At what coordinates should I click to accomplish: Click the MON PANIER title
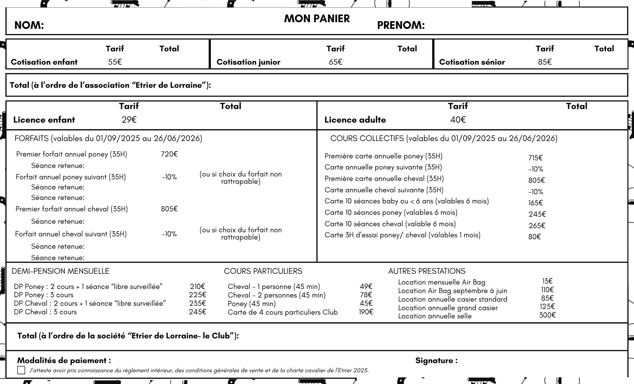[317, 19]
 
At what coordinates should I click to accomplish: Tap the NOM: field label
[29, 25]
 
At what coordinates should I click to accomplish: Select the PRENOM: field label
[401, 25]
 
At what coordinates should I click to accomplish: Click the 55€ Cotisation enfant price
[115, 62]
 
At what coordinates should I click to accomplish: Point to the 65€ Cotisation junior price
[335, 62]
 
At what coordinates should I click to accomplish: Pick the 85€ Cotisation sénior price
[545, 62]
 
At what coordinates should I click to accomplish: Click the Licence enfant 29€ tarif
[129, 120]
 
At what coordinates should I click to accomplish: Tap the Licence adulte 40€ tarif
[458, 120]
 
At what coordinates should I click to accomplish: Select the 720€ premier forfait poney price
[169, 154]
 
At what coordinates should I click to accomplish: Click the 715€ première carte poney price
[535, 158]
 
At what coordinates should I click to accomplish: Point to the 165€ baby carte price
[535, 203]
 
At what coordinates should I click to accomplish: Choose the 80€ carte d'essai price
[534, 237]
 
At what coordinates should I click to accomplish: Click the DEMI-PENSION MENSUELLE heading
[61, 271]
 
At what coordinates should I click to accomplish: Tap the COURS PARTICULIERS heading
[263, 271]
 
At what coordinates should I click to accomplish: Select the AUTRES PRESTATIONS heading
[427, 271]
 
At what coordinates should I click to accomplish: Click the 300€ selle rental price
[547, 315]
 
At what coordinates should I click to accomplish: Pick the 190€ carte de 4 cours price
[366, 312]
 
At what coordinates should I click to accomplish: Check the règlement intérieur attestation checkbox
[21, 370]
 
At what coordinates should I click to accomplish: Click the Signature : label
[436, 361]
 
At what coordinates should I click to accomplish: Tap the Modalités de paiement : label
[64, 361]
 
